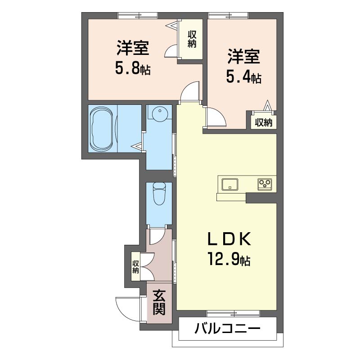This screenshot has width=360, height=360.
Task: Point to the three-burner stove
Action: (264, 184)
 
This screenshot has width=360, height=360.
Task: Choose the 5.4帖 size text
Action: (243, 77)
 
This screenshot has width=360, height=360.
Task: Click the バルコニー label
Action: (228, 329)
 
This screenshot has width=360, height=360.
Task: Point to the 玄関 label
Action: (158, 302)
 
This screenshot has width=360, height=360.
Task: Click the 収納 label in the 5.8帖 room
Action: (192, 40)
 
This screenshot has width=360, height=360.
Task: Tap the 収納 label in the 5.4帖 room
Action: (264, 122)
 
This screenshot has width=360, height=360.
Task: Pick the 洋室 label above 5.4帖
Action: (243, 58)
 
